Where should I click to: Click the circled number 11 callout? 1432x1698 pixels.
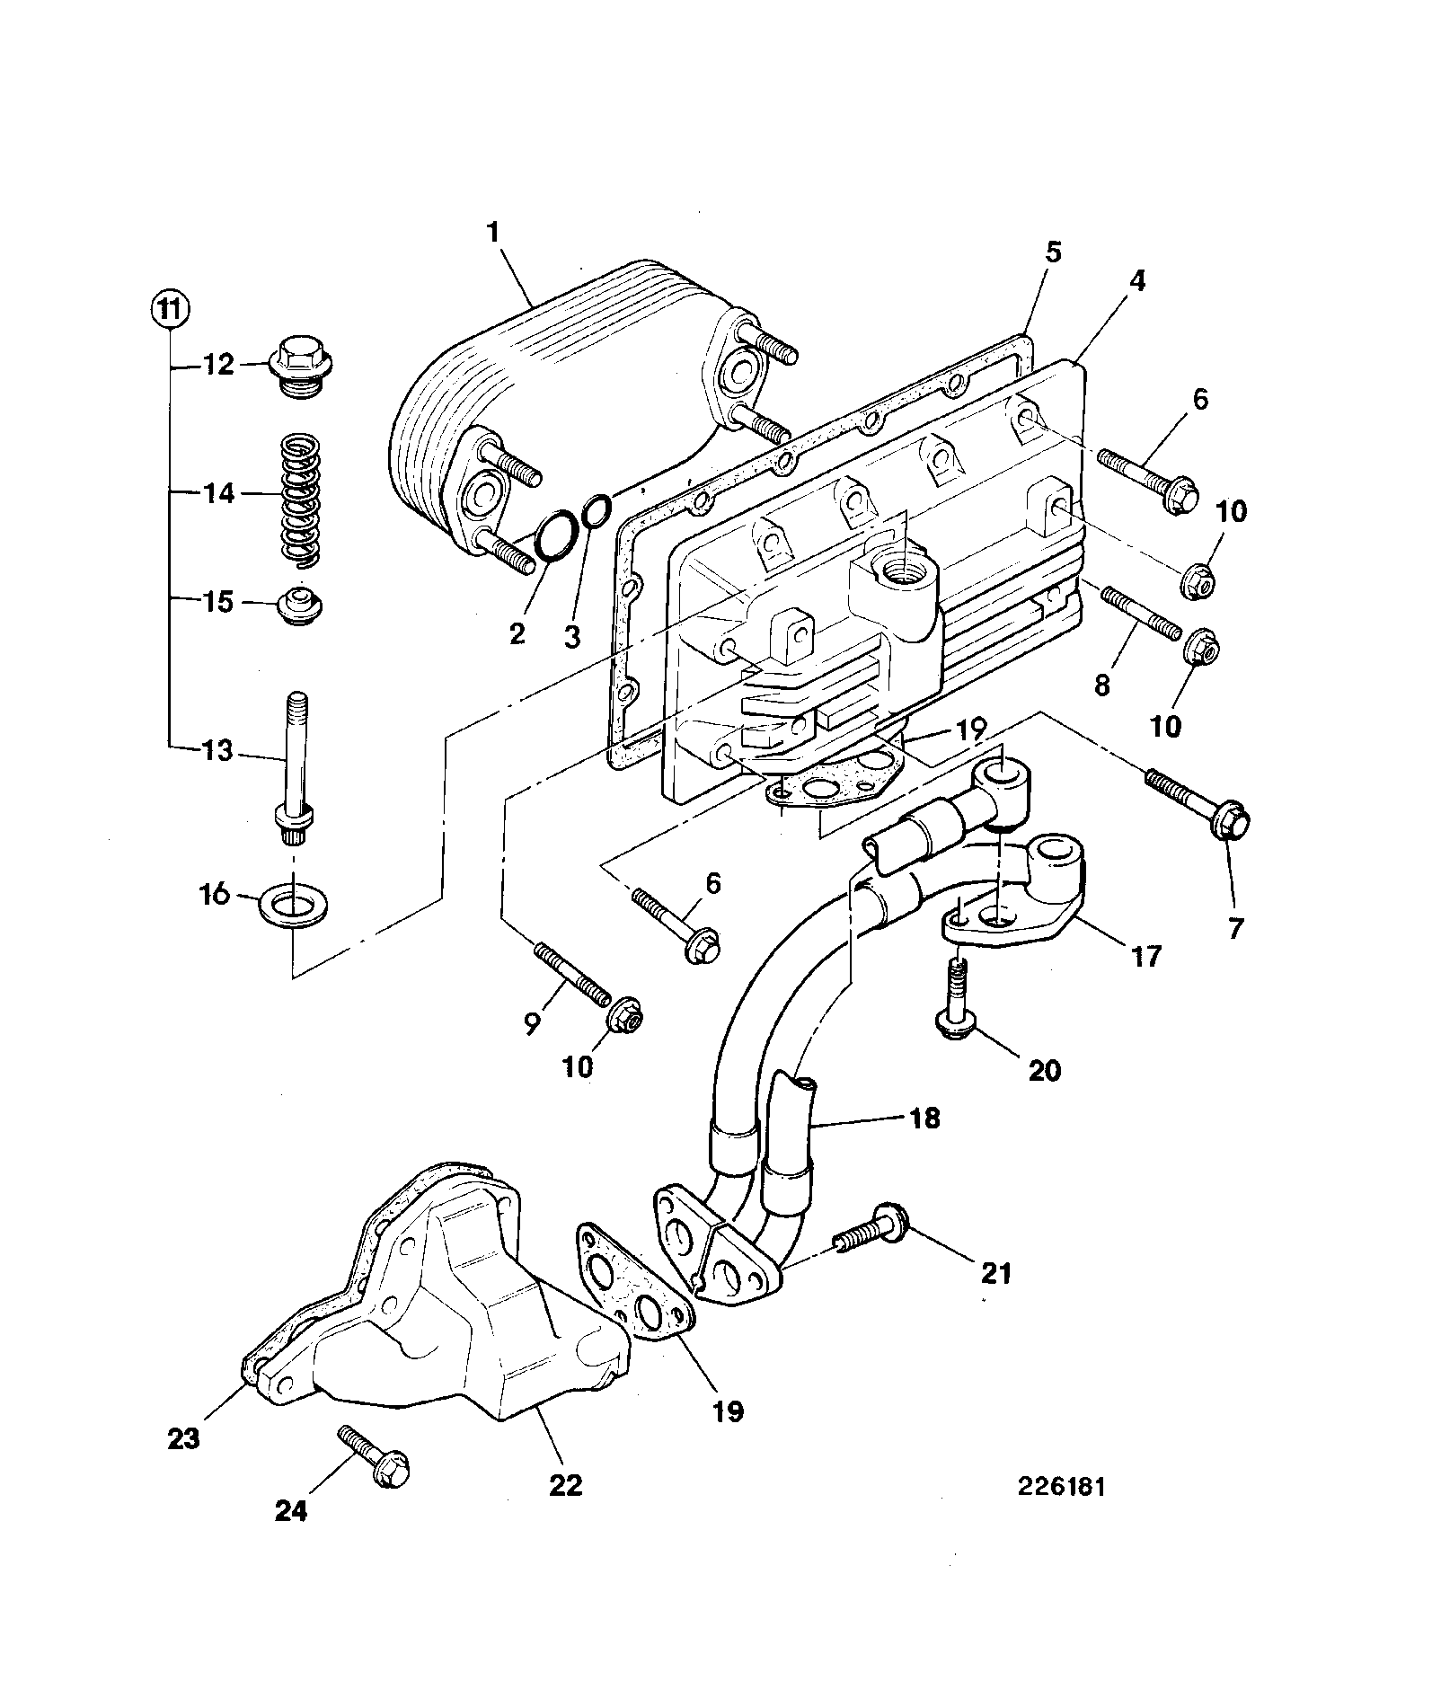(x=169, y=311)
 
